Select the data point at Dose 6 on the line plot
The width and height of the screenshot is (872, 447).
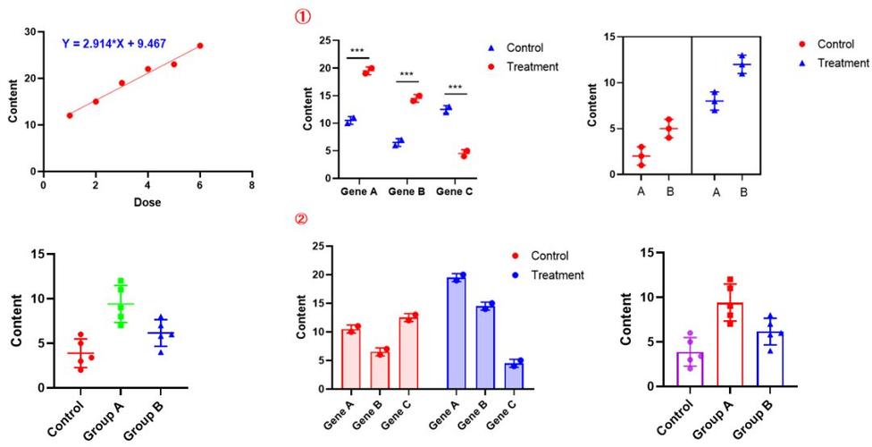coord(200,46)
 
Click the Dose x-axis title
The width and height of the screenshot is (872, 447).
coord(147,201)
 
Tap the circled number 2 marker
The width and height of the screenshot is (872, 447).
coord(305,217)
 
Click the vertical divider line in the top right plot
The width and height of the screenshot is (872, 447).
coord(693,105)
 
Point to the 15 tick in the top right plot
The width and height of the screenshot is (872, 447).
coord(610,37)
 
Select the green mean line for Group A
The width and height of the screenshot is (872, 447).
coord(121,304)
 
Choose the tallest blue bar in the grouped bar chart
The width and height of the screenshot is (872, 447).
coord(457,333)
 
